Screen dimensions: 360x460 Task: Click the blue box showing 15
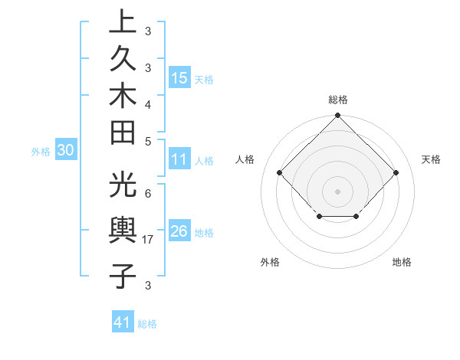click(x=179, y=77)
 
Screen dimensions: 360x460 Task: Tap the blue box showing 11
click(x=179, y=160)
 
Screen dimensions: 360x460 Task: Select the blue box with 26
click(x=179, y=231)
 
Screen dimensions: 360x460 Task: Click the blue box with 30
click(x=66, y=151)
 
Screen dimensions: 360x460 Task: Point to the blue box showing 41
click(x=123, y=322)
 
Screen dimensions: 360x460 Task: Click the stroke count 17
click(x=149, y=240)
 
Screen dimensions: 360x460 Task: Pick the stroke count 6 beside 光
click(x=148, y=193)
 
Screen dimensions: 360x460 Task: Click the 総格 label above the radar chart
click(x=337, y=100)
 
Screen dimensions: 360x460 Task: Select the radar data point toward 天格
click(x=396, y=172)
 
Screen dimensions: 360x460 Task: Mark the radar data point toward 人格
click(x=279, y=172)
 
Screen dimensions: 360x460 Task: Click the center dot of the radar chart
click(x=337, y=191)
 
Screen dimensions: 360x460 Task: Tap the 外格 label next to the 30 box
click(x=41, y=152)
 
